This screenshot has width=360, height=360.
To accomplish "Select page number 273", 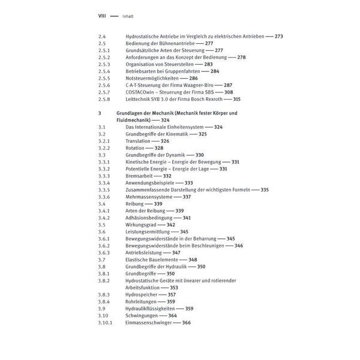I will (278, 37).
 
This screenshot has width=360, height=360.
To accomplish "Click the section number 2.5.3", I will (104, 65).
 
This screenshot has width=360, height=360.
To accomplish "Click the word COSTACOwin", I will (140, 93).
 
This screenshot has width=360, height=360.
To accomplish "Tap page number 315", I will (236, 100).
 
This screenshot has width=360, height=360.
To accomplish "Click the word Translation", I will (139, 141).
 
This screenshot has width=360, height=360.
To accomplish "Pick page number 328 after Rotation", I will (159, 148).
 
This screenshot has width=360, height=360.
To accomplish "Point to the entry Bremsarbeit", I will (140, 176).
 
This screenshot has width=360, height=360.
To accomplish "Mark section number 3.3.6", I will (104, 197).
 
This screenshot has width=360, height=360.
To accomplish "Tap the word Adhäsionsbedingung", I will (150, 218).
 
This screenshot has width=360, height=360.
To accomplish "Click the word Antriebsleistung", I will (144, 253).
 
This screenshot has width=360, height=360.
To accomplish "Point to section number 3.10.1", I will (106, 323).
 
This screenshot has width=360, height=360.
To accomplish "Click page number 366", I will (186, 323).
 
